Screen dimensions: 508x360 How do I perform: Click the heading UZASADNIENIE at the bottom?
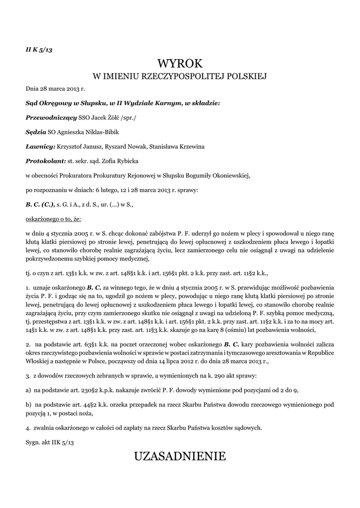coord(180,456)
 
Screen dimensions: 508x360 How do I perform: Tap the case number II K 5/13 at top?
coord(39,52)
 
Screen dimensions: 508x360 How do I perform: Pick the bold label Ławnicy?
coord(40,147)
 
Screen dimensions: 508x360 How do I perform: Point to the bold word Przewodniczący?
coord(51,118)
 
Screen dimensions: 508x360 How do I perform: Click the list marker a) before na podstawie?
coord(29,390)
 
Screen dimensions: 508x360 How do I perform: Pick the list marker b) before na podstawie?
coord(29,405)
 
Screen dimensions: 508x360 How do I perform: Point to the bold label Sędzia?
coord(36,132)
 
